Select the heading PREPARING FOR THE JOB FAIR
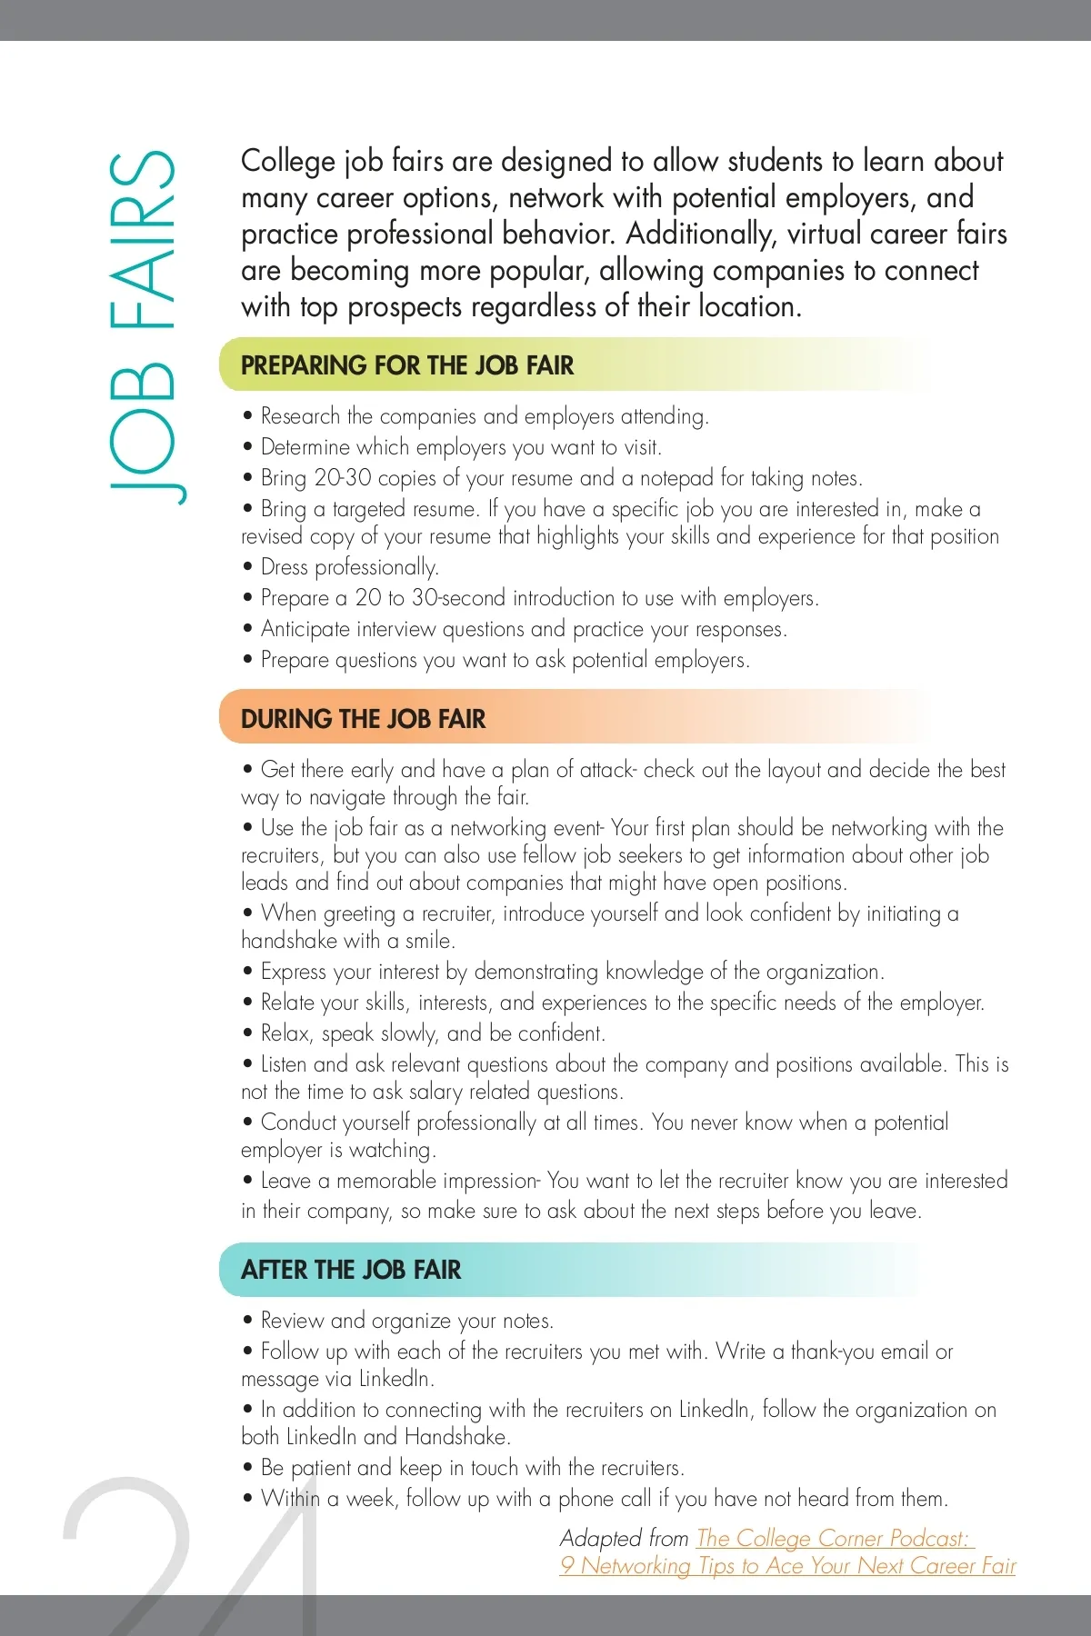pyautogui.click(x=407, y=365)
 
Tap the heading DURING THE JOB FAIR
pyautogui.click(x=363, y=719)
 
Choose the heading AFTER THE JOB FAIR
pyautogui.click(x=351, y=1270)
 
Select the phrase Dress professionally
pyautogui.click(x=349, y=567)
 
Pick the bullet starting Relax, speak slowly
pyautogui.click(x=433, y=1033)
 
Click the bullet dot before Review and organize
pyautogui.click(x=247, y=1321)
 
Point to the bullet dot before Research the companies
pyautogui.click(x=247, y=416)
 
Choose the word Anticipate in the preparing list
pyautogui.click(x=305, y=629)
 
